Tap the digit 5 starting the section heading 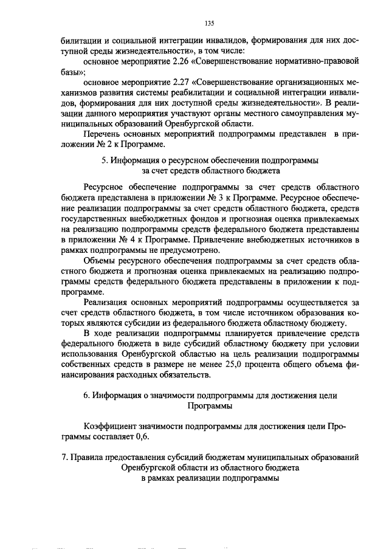[104, 160]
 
